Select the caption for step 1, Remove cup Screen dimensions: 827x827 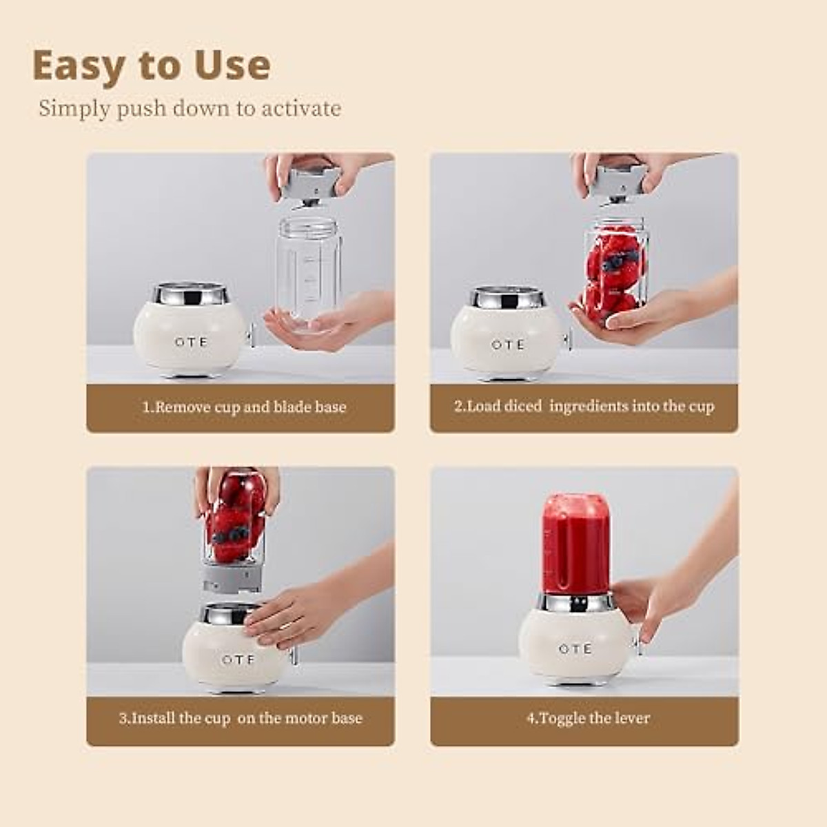[244, 407]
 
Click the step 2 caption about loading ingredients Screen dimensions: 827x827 [584, 406]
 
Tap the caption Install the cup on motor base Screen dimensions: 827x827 [241, 718]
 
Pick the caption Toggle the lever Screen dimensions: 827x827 [588, 718]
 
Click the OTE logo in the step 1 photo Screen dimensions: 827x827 [190, 342]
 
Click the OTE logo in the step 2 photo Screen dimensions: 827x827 [508, 344]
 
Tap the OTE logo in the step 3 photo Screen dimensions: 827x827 [238, 660]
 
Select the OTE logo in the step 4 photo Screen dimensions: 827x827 [575, 649]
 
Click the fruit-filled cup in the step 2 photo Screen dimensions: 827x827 [615, 272]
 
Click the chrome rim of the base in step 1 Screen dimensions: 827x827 [190, 296]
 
